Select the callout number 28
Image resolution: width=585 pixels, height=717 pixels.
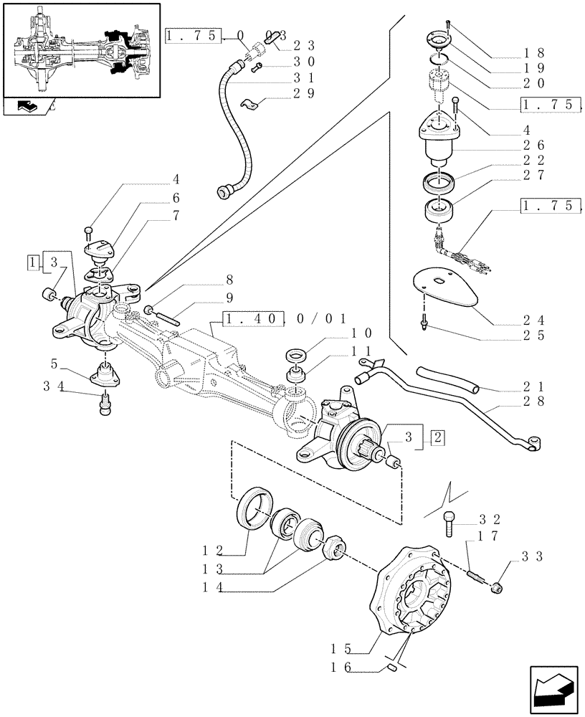(538, 401)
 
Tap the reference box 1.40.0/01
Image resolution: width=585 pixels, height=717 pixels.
(285, 318)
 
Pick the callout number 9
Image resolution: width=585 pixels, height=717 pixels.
(229, 298)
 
